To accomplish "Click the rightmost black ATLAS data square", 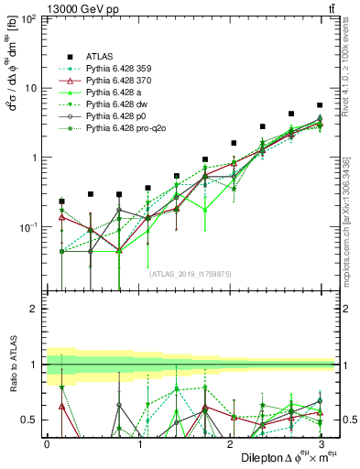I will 320,105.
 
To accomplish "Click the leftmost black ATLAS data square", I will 61,202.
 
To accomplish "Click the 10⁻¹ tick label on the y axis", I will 27,226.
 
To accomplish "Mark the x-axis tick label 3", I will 320,443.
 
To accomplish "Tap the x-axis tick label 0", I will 47,443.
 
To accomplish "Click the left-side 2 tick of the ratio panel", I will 34,309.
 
